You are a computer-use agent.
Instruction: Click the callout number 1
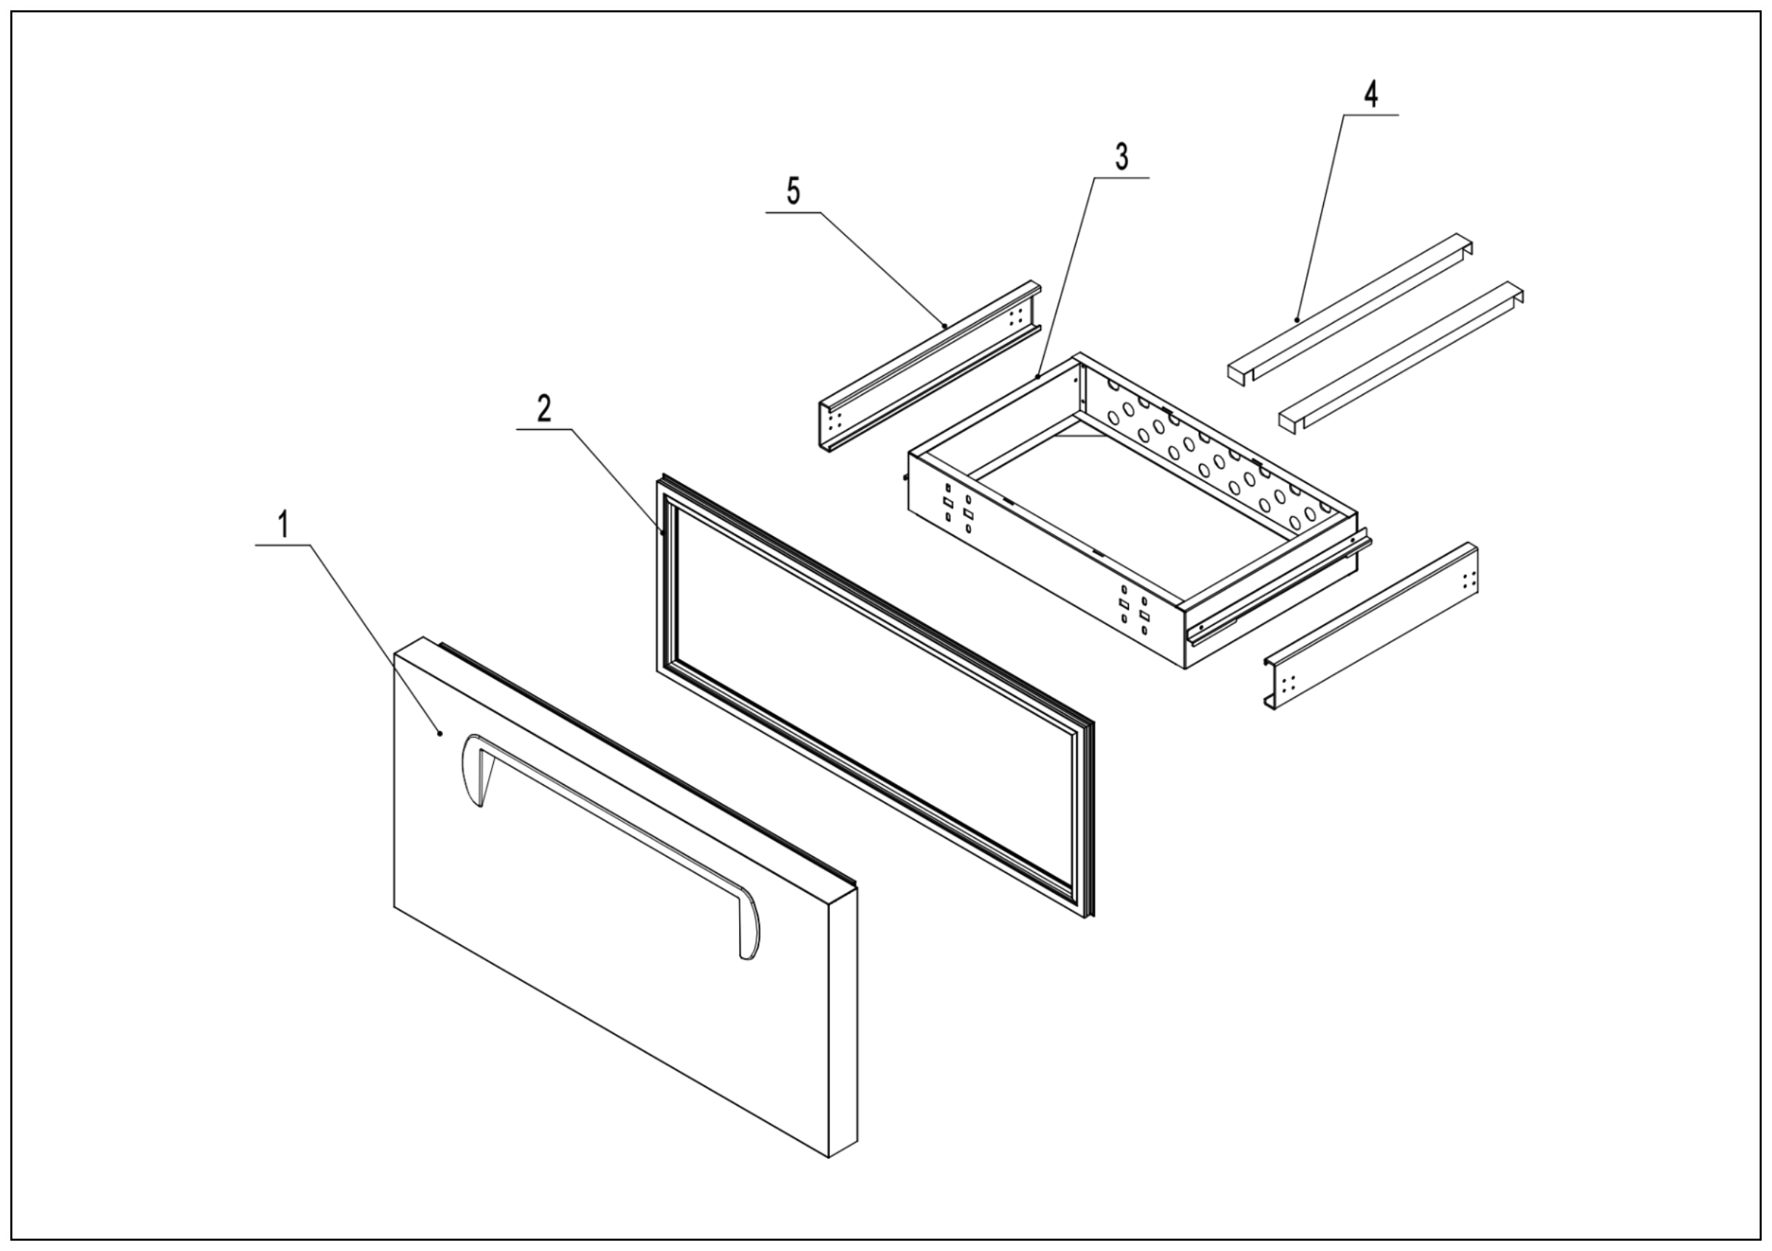(284, 526)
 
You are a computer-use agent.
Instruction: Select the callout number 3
(1122, 157)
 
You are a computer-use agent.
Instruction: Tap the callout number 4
(1370, 94)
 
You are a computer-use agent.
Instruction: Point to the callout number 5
(794, 191)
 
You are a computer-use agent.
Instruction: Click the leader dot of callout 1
(440, 733)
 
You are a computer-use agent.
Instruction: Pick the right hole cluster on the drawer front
(1135, 610)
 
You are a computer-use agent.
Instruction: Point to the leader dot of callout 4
(1297, 319)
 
